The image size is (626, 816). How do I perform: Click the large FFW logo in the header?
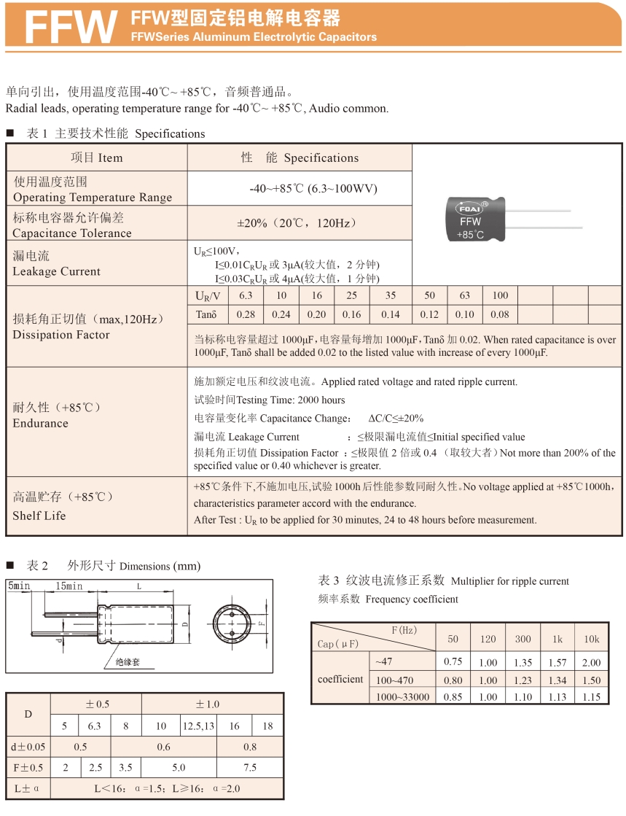pos(71,27)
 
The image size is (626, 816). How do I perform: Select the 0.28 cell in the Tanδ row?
pos(246,314)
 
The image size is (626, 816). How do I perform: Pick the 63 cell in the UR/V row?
pos(464,295)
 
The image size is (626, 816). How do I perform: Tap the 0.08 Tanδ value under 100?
pos(500,314)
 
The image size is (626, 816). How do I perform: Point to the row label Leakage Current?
pos(57,271)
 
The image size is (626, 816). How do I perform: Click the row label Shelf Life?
pos(39,516)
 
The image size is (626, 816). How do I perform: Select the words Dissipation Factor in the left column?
pos(61,335)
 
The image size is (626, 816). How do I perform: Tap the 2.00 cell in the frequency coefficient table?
pos(591,662)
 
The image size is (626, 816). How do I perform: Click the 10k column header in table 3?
pos(591,639)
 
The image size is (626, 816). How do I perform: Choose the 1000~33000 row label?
pos(402,696)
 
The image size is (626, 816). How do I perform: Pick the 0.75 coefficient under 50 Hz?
pos(453,662)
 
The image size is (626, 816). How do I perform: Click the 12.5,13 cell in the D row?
pos(198,726)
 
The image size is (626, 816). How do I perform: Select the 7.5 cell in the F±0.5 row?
pos(249,767)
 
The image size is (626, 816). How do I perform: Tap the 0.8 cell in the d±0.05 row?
pos(249,746)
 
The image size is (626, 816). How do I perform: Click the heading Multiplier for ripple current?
pos(510,581)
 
